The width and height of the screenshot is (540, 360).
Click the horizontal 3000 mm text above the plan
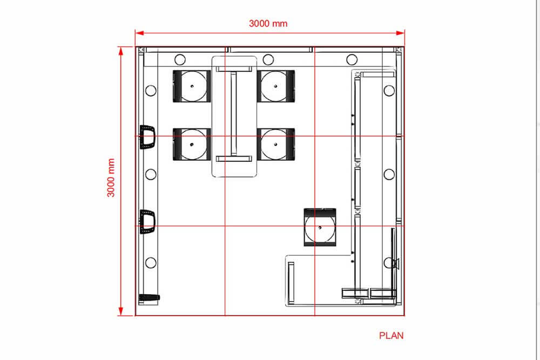tap(268, 23)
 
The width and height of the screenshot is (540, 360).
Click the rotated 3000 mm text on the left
tap(111, 178)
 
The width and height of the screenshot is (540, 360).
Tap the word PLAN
tap(391, 336)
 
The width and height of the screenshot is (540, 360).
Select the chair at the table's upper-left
tap(192, 86)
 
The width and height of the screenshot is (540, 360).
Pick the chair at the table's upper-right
tap(276, 86)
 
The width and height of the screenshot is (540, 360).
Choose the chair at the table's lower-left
tap(192, 145)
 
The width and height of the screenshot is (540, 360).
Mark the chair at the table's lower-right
tap(276, 145)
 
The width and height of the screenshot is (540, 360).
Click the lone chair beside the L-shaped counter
tap(320, 227)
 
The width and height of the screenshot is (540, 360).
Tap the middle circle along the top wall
tap(268, 59)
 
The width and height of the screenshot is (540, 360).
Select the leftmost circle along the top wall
tap(180, 59)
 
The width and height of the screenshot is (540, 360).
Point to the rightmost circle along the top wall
tap(352, 59)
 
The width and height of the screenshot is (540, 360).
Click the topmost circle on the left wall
tap(151, 91)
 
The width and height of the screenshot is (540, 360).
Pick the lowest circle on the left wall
tap(151, 263)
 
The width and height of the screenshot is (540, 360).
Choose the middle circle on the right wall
tap(389, 174)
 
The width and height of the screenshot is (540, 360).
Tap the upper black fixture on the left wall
tap(147, 137)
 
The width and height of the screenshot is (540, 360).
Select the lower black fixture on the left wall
tap(147, 222)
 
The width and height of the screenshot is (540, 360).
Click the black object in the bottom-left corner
tap(149, 297)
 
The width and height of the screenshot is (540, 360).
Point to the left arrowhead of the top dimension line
tap(139, 33)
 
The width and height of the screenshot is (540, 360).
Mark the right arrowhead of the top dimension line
tap(401, 33)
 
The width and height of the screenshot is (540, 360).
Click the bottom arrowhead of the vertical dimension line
tap(120, 311)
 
